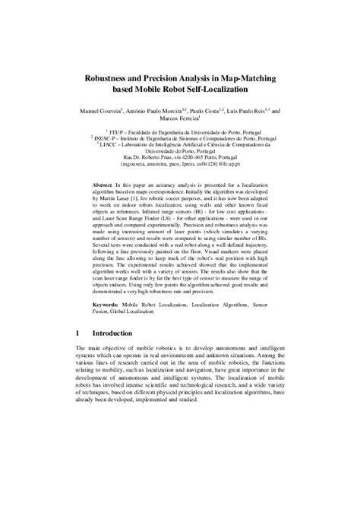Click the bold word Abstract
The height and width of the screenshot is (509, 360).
[x=103, y=186]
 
